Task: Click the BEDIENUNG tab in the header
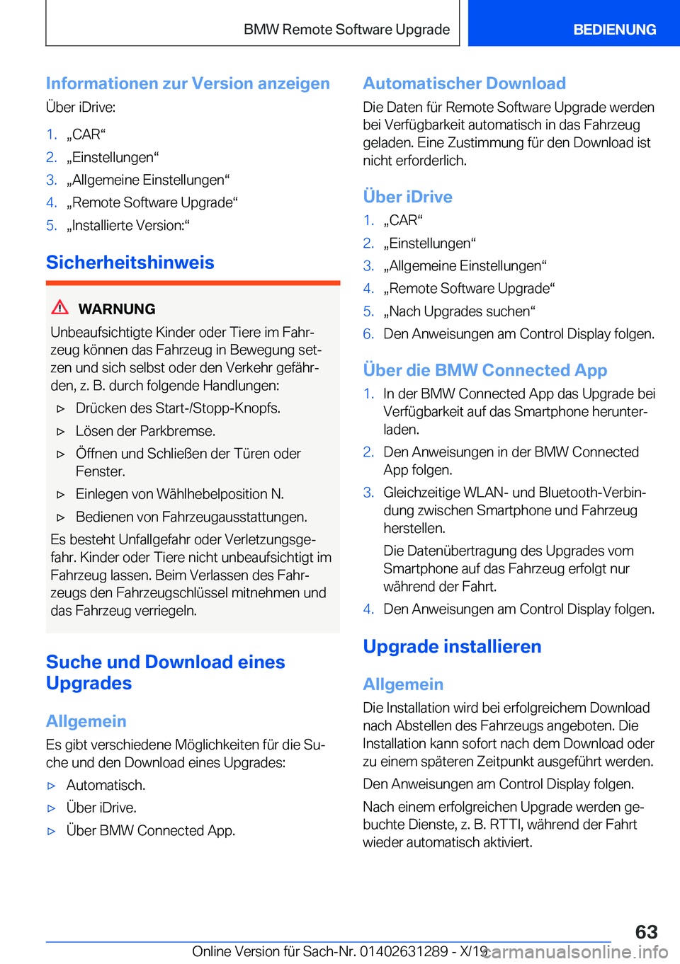[614, 30]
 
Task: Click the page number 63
[646, 931]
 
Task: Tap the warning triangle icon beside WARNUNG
[60, 307]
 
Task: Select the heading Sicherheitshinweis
[130, 263]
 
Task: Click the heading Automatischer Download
[464, 84]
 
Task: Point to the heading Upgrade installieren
[452, 647]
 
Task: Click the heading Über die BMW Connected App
[484, 370]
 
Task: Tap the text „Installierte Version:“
[128, 226]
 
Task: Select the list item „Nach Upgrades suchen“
[459, 311]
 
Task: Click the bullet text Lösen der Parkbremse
[145, 431]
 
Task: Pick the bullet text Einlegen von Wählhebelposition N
[180, 494]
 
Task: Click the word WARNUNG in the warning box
[117, 309]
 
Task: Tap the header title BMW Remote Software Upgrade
[346, 30]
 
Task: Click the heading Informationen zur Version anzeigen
[188, 84]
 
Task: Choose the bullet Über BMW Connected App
[150, 831]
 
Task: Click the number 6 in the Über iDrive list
[368, 334]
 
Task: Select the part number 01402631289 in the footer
[404, 952]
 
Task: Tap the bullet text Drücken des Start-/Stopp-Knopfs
[178, 408]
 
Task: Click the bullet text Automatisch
[106, 786]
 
